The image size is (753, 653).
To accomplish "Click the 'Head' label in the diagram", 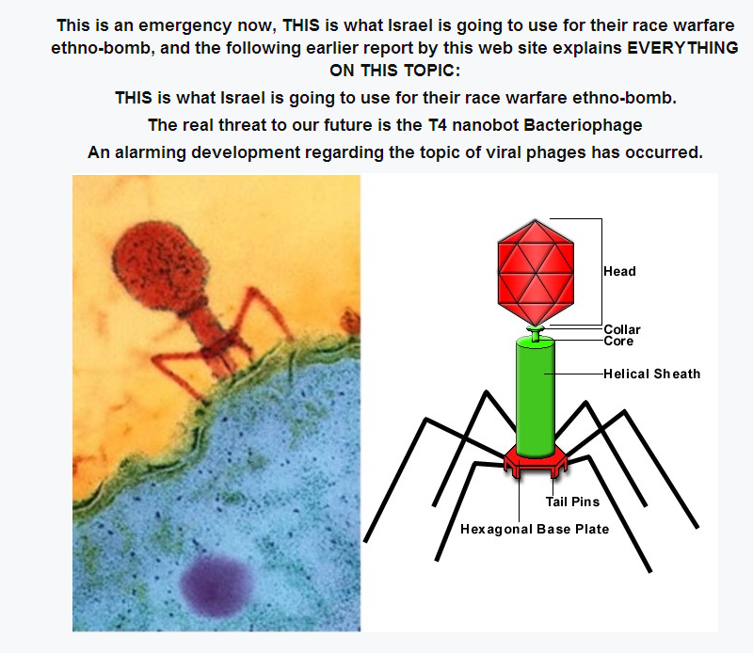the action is (x=619, y=271).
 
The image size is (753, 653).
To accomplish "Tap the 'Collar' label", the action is (x=622, y=329).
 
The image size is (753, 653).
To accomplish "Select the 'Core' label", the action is (x=618, y=341).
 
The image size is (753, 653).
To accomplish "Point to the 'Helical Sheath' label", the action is (x=651, y=374).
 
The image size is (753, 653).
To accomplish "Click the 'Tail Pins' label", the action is (x=572, y=502).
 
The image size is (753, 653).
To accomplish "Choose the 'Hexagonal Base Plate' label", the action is (x=535, y=529).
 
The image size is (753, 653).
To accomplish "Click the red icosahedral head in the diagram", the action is (x=536, y=272).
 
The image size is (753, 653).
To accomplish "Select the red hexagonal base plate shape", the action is (x=536, y=461).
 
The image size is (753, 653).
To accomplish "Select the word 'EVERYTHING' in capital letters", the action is (x=682, y=48).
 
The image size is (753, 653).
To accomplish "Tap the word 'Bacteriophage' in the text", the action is (x=583, y=125).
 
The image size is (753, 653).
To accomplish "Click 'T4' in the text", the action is (x=437, y=125).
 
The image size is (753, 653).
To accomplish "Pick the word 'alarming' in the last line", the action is (x=150, y=152).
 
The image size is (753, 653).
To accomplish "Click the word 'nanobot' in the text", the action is (x=485, y=125).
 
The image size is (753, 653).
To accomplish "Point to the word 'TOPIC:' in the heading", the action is (x=432, y=71).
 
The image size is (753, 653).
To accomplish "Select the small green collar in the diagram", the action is (x=536, y=329).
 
